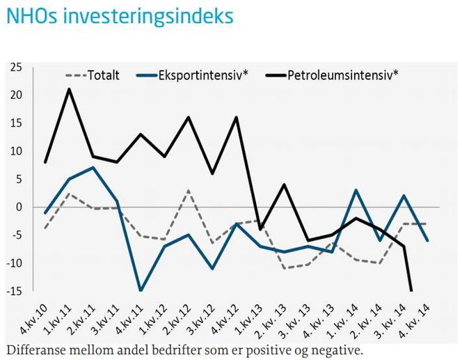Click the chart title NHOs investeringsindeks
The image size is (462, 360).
120,17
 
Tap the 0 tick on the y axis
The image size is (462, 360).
19,207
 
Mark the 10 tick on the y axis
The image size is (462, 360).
16,151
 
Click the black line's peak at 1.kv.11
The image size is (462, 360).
68,89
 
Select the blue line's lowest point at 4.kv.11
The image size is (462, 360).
141,290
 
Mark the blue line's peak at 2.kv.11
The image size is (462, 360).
93,168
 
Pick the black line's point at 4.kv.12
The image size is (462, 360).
237,117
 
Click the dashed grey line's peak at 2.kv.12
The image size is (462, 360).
189,190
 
